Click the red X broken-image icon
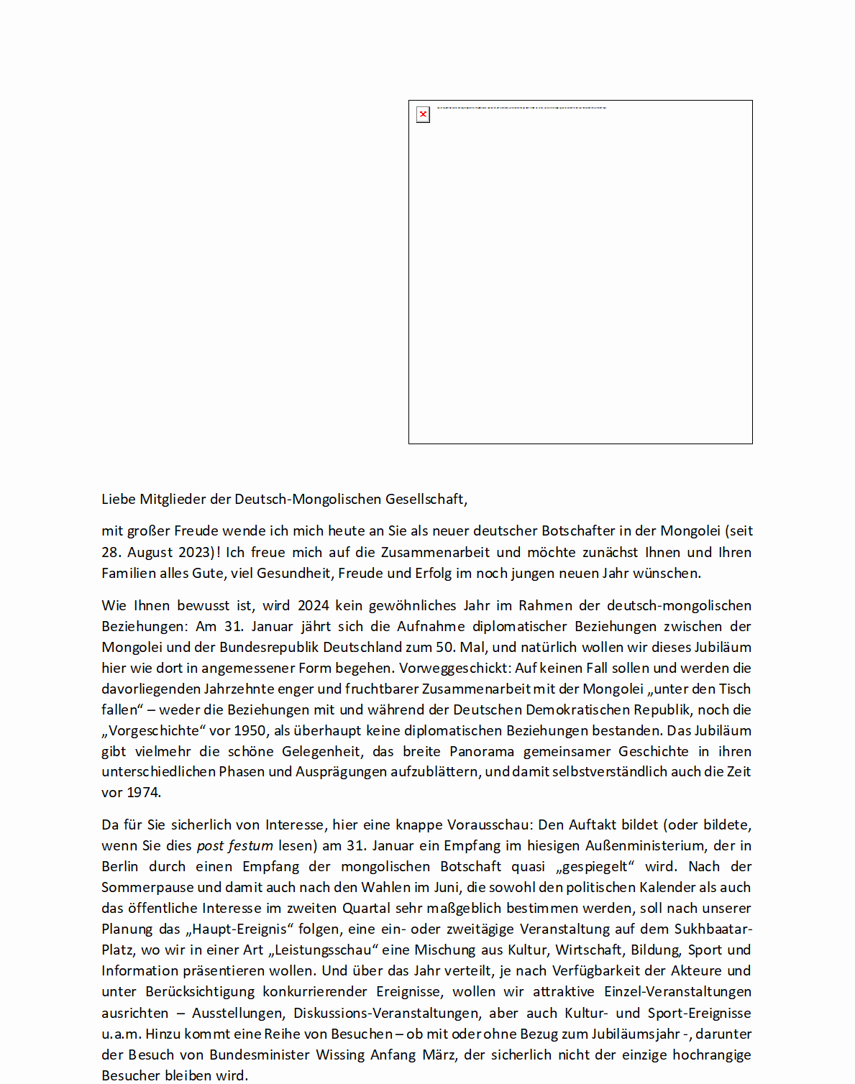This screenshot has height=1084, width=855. [x=423, y=114]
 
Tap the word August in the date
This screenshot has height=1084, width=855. [x=152, y=552]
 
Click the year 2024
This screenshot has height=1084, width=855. [x=314, y=605]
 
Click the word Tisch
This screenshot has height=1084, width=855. [x=735, y=689]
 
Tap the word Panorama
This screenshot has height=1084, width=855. [x=482, y=751]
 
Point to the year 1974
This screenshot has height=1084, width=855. [x=142, y=792]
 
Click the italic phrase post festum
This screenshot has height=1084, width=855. [x=234, y=845]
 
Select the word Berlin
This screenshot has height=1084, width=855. [x=119, y=866]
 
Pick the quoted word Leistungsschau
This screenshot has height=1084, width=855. [x=324, y=950]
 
